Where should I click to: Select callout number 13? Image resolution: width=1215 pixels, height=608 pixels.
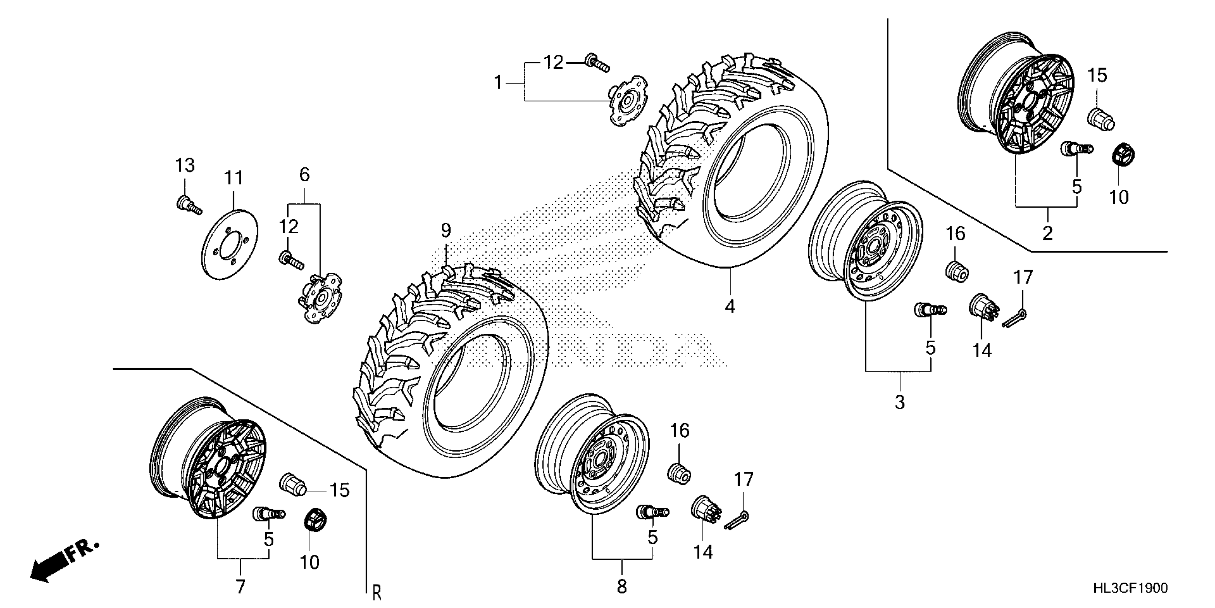pyautogui.click(x=185, y=166)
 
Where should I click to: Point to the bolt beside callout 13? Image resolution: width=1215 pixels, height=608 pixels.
pyautogui.click(x=188, y=206)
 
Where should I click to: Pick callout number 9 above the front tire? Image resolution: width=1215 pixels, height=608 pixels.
pyautogui.click(x=446, y=230)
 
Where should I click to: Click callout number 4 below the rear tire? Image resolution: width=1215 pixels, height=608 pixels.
pyautogui.click(x=730, y=307)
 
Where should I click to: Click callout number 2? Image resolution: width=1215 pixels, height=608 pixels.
pyautogui.click(x=1047, y=233)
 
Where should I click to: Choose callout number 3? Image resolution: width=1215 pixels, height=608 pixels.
pyautogui.click(x=900, y=403)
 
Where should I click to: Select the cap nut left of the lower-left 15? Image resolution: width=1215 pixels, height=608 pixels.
pyautogui.click(x=292, y=484)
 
